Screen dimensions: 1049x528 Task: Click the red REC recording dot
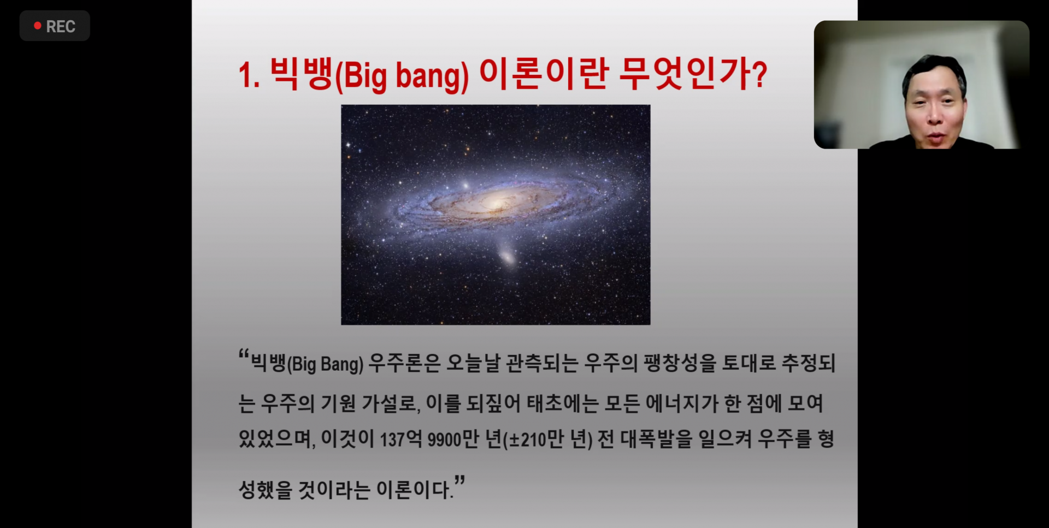click(38, 26)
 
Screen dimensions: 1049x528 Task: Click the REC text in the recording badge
click(61, 26)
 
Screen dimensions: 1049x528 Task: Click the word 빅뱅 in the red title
click(301, 73)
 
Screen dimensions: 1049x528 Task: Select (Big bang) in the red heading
click(402, 76)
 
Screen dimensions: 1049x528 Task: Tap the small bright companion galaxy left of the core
click(465, 186)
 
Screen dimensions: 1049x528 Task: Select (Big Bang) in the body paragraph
click(325, 364)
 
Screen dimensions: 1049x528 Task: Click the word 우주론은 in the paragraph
click(404, 363)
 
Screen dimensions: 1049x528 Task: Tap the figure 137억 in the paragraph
click(401, 438)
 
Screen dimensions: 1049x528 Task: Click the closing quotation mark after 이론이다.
click(460, 480)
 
